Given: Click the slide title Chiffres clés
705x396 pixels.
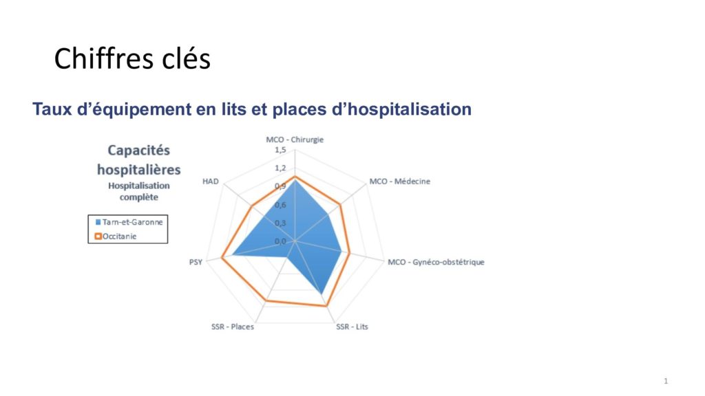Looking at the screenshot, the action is pyautogui.click(x=132, y=59).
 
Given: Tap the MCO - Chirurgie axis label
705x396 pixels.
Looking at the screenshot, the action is pyautogui.click(x=295, y=140).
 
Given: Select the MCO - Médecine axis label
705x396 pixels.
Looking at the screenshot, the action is pyautogui.click(x=400, y=181).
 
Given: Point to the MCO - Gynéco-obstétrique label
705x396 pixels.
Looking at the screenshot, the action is pyautogui.click(x=436, y=262).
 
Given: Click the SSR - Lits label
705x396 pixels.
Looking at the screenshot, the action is pyautogui.click(x=352, y=327).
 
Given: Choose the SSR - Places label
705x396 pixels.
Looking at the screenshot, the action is pyautogui.click(x=233, y=327).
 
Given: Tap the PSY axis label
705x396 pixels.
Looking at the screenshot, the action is pyautogui.click(x=196, y=262).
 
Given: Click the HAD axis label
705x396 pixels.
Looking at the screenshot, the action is pyautogui.click(x=211, y=181).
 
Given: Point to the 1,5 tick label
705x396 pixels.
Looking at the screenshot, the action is pyautogui.click(x=281, y=150).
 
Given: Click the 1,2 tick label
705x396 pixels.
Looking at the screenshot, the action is pyautogui.click(x=281, y=168).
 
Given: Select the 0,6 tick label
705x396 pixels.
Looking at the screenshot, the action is pyautogui.click(x=281, y=205).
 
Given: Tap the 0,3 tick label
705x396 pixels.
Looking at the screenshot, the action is pyautogui.click(x=281, y=223).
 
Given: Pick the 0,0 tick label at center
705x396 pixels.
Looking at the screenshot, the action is pyautogui.click(x=281, y=241).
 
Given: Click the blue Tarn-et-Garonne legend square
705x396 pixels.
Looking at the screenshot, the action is pyautogui.click(x=98, y=222).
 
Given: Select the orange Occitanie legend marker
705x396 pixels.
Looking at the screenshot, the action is pyautogui.click(x=98, y=236).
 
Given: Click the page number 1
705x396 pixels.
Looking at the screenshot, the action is pyautogui.click(x=666, y=381).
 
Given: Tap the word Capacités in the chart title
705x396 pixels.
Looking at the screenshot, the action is pyautogui.click(x=139, y=151).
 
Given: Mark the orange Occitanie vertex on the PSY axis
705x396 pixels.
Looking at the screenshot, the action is pyautogui.click(x=222, y=258).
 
